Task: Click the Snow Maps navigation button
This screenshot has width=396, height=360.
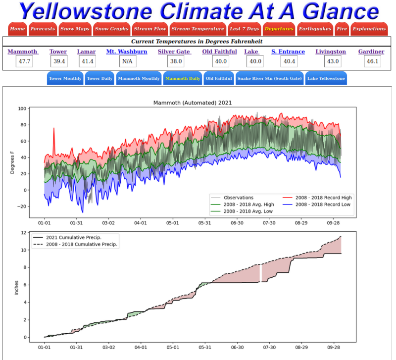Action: pyautogui.click(x=75, y=29)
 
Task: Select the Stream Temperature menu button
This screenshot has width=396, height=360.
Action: pyautogui.click(x=198, y=29)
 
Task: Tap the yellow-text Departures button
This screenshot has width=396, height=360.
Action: pyautogui.click(x=279, y=29)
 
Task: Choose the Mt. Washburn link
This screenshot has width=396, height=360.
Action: pyautogui.click(x=126, y=51)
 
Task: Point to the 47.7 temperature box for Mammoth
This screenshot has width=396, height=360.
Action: pyautogui.click(x=23, y=61)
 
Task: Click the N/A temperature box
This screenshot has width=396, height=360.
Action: pyautogui.click(x=126, y=61)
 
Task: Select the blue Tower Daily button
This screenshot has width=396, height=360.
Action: pyautogui.click(x=99, y=78)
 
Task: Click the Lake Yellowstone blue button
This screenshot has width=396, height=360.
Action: pyautogui.click(x=326, y=78)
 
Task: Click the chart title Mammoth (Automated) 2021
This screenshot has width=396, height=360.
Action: pyautogui.click(x=193, y=103)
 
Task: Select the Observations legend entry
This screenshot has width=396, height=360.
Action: pyautogui.click(x=238, y=198)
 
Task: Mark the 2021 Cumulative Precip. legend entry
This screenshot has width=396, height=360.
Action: pyautogui.click(x=74, y=238)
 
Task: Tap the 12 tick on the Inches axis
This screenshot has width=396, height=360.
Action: pyautogui.click(x=23, y=233)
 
